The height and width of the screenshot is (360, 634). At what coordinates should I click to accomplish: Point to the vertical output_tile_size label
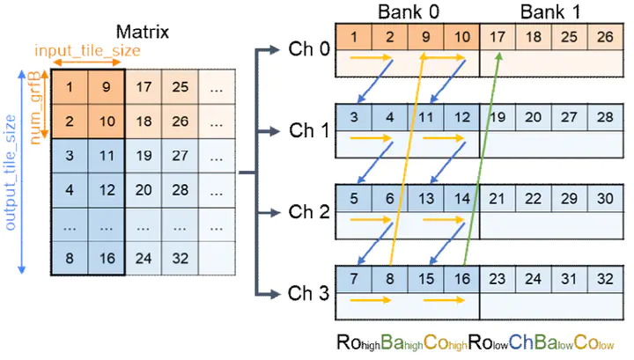pyautogui.click(x=11, y=172)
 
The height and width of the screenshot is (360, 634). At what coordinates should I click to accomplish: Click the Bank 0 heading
pyautogui.click(x=407, y=12)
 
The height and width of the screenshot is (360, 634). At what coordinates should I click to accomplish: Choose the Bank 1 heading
pyautogui.click(x=549, y=12)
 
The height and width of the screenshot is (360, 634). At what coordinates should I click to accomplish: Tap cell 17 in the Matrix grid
pyautogui.click(x=144, y=89)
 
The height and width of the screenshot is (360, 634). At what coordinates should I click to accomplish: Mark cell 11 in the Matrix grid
pyautogui.click(x=106, y=156)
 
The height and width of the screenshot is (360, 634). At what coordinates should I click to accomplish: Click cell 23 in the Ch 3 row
pyautogui.click(x=497, y=279)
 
